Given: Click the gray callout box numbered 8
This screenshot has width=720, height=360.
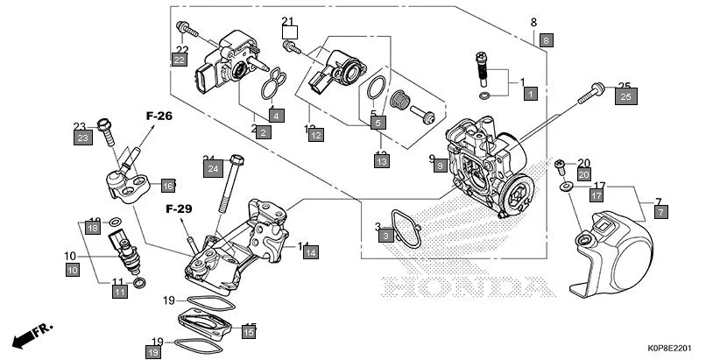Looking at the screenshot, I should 546,40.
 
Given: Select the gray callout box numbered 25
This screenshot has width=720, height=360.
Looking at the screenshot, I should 625,96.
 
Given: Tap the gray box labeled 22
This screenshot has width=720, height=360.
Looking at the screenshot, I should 179,60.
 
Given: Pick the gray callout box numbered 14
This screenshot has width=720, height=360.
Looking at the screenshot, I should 310,251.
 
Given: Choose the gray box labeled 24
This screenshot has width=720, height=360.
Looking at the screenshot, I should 213,172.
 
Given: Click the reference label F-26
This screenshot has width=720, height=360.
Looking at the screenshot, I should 159,115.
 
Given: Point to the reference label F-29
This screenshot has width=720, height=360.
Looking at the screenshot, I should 180,208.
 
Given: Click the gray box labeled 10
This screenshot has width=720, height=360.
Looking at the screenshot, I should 72,271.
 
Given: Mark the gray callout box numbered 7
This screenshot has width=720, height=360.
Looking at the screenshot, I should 661,212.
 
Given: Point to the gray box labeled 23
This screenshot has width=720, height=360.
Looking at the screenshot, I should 82,138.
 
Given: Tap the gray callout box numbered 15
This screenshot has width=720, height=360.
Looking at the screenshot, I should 249,331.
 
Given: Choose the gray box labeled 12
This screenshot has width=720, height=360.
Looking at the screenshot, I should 315,135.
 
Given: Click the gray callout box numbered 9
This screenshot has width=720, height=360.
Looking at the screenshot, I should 441,165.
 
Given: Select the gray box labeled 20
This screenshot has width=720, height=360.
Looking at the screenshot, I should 584,174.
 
